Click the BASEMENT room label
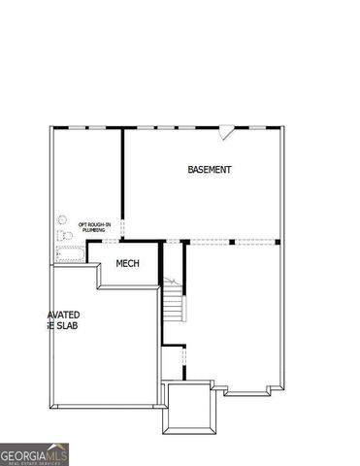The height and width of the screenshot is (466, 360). tap(210, 170)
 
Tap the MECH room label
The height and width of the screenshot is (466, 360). tap(128, 264)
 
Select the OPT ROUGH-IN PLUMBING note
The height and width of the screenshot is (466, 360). tap(95, 227)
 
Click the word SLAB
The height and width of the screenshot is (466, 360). tap(66, 327)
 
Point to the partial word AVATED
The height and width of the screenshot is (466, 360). tap(63, 316)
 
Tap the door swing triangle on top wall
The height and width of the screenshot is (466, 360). tap(226, 130)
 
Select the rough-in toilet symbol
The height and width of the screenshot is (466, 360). tap(66, 237)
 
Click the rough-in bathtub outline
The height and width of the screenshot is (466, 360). tap(70, 255)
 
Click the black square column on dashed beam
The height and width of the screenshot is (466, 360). tap(231, 241)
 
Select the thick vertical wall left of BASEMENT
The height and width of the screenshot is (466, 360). tap(122, 184)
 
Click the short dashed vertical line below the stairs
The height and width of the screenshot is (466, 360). tap(183, 363)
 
